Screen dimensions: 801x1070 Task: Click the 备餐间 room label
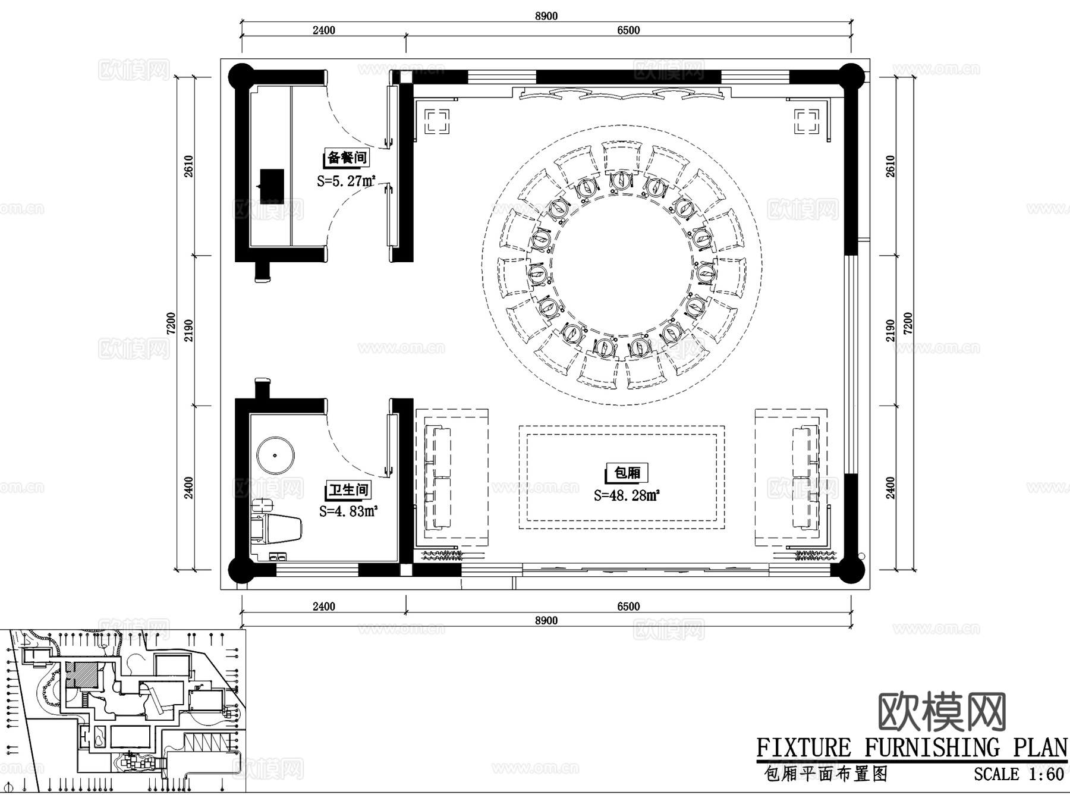[347, 158]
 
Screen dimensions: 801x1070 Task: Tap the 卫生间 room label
[349, 490]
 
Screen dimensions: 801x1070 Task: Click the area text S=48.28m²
[627, 495]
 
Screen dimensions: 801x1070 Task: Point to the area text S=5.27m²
[346, 181]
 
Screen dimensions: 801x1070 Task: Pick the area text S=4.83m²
[348, 511]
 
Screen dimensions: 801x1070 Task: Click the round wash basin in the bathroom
[275, 456]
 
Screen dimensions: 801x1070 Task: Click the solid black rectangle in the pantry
[272, 186]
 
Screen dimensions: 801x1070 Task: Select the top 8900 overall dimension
[546, 15]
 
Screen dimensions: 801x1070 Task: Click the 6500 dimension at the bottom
[628, 606]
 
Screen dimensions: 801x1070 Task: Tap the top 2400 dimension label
[323, 30]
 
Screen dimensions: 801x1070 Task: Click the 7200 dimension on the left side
[171, 323]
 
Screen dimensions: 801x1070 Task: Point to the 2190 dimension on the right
[890, 330]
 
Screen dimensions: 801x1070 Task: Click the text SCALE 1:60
[1018, 775]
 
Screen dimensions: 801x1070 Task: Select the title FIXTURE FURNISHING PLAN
[911, 747]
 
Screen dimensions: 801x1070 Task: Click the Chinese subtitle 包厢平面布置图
[826, 774]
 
